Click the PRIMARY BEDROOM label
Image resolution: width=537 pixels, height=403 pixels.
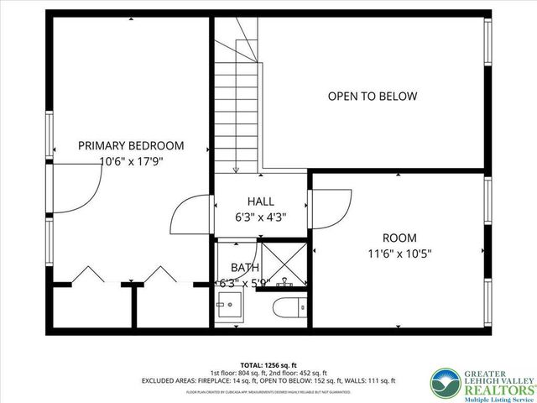coord(131,145)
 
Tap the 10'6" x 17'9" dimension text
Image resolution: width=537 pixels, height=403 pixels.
coord(131,161)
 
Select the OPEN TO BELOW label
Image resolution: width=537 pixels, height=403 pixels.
coord(372,97)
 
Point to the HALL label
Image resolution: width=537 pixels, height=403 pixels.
coord(260,201)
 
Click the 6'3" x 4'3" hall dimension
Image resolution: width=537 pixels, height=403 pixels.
coord(260,217)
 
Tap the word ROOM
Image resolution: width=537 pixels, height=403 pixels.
coord(399,238)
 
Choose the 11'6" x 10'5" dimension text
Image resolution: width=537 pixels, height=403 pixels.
coord(399,253)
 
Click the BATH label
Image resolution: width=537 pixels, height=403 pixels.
coord(245,267)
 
